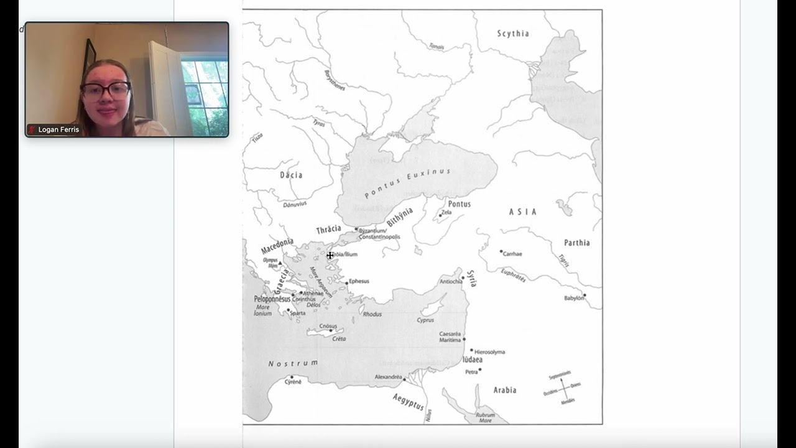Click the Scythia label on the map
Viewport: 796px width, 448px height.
(513, 34)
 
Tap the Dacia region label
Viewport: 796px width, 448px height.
(291, 175)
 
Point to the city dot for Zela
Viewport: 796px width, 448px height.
(440, 215)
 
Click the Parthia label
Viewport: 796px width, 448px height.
(576, 243)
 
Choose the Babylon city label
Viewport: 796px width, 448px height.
(574, 298)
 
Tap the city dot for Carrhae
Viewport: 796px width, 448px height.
(501, 251)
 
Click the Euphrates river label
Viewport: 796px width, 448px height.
(514, 274)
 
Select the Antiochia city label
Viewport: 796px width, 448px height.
(451, 281)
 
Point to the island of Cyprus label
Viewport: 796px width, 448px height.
(425, 320)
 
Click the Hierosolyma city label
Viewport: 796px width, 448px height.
(489, 352)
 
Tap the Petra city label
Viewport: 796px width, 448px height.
(471, 372)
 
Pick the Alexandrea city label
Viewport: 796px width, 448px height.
(388, 377)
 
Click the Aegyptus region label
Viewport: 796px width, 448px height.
(408, 402)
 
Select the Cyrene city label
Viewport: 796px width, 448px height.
(293, 382)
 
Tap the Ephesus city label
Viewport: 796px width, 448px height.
(359, 281)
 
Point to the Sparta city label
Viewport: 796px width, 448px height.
(297, 313)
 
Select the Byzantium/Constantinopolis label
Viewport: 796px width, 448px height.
(379, 234)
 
